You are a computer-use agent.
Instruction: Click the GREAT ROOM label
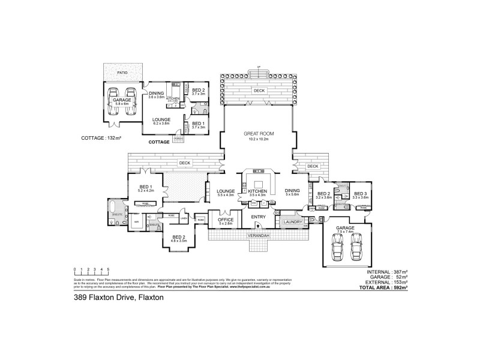pyautogui.click(x=259, y=135)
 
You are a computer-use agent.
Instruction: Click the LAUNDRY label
pyautogui.click(x=293, y=222)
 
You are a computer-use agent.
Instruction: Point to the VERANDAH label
pyautogui.click(x=259, y=236)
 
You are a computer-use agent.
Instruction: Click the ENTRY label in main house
pyautogui.click(x=259, y=217)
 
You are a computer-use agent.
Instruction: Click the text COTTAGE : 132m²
pyautogui.click(x=101, y=138)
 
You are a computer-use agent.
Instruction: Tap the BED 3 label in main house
pyautogui.click(x=360, y=195)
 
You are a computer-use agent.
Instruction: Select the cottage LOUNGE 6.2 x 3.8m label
pyautogui.click(x=161, y=121)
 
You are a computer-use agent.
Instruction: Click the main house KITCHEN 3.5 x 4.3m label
pyautogui.click(x=257, y=193)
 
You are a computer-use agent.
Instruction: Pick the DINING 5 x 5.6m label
pyautogui.click(x=292, y=193)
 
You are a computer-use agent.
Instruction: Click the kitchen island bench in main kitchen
pyautogui.click(x=259, y=184)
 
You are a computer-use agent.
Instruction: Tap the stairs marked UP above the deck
pyautogui.click(x=259, y=73)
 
